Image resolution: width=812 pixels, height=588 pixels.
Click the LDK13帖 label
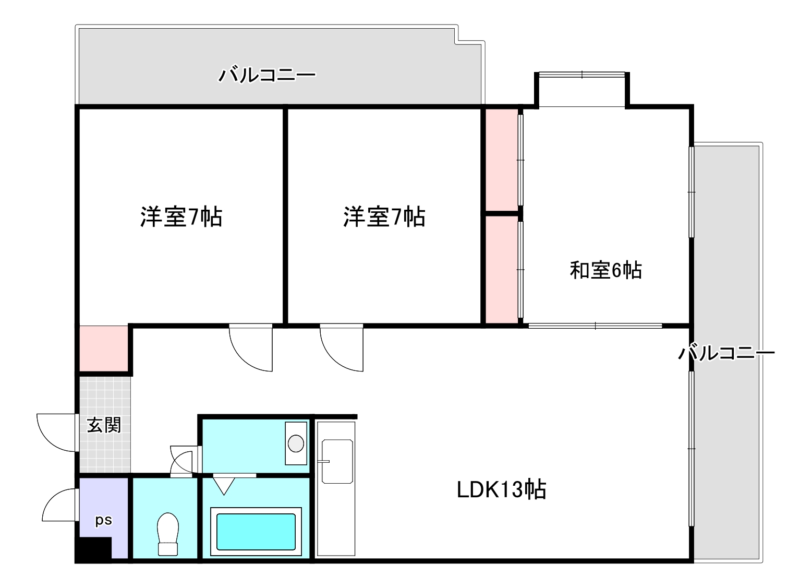click(501, 489)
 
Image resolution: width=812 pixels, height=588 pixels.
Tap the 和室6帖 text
click(605, 270)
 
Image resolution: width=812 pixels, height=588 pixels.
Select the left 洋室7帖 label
click(181, 217)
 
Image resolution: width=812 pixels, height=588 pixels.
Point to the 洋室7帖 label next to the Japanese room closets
click(384, 217)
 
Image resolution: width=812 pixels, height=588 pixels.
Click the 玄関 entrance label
click(104, 425)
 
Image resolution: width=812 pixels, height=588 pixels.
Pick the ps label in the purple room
click(103, 520)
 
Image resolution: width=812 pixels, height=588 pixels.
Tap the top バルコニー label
click(266, 75)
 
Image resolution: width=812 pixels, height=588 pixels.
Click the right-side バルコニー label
click(726, 353)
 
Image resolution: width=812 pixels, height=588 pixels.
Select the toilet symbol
click(168, 533)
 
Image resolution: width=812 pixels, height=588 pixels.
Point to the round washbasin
click(296, 443)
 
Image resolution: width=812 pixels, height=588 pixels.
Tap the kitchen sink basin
click(337, 461)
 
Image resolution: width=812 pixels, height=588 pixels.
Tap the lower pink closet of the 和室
click(501, 269)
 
